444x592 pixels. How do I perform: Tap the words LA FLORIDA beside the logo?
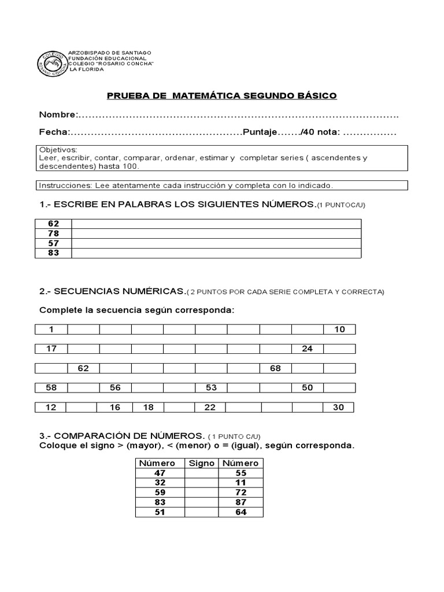coord(87,69)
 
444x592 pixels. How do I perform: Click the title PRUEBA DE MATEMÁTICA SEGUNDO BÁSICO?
coord(221,95)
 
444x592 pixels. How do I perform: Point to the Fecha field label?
coord(54,132)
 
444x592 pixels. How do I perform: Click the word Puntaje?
coord(261,132)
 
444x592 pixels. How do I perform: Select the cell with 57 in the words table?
coord(54,243)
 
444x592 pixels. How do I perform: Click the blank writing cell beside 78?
coord(216,234)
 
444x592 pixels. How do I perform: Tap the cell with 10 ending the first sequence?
coord(339,330)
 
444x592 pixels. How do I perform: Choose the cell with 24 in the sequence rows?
coord(307,349)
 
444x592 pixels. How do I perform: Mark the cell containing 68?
coord(275,368)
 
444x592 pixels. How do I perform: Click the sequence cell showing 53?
coord(211,387)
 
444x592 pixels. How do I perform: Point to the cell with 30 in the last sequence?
coord(338,408)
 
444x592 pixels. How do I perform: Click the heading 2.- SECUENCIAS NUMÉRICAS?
coord(113,291)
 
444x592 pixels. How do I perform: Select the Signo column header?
coord(202,463)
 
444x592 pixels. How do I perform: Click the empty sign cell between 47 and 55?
coord(202,473)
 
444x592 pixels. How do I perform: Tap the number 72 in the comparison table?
coord(241,493)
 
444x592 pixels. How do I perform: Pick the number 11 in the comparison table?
coord(241,483)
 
